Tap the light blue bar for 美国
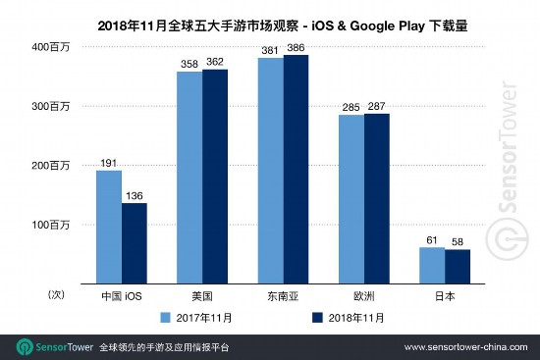[189, 178]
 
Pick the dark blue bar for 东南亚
[297, 170]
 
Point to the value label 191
[108, 163]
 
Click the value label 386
[297, 47]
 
